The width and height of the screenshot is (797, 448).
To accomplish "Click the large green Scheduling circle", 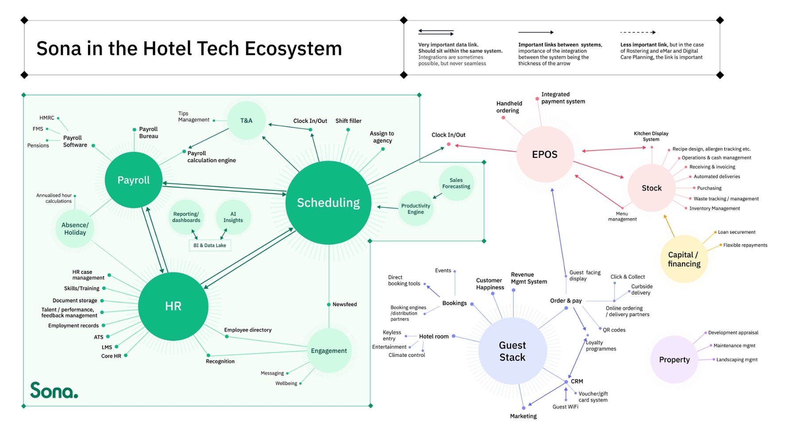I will pos(328,203).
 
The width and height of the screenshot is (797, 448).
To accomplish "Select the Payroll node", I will pos(133,180).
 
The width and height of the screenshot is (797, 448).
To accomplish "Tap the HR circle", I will pos(173,306).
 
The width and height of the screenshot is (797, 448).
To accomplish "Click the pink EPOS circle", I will pos(545,154).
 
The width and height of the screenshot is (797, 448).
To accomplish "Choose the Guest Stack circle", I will pos(512,351).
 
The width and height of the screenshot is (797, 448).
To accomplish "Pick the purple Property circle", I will pos(674,360).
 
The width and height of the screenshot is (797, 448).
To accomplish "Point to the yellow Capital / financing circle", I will pos(684,259).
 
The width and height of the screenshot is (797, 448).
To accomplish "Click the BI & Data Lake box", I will pos(209,245).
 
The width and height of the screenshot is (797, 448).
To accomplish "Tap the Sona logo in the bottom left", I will pos(54,390).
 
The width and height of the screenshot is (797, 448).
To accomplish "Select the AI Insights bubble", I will pos(233,217).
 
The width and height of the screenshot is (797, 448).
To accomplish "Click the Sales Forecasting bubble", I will pos(456,183).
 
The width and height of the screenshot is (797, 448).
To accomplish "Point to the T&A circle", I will pos(246,121).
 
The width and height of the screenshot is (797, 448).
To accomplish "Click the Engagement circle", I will pos(329,351).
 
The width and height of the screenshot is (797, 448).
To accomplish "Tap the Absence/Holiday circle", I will pos(75,229).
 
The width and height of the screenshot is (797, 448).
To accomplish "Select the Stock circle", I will pos(651,188).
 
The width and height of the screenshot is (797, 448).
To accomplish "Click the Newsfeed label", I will pos(344,304).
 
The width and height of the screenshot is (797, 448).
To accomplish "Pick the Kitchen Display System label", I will pos(651,136).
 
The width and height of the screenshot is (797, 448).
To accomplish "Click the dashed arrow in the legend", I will pos(638,32).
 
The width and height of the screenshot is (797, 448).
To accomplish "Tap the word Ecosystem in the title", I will pos(293,49).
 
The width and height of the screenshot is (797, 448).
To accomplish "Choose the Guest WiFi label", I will pos(565,407).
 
